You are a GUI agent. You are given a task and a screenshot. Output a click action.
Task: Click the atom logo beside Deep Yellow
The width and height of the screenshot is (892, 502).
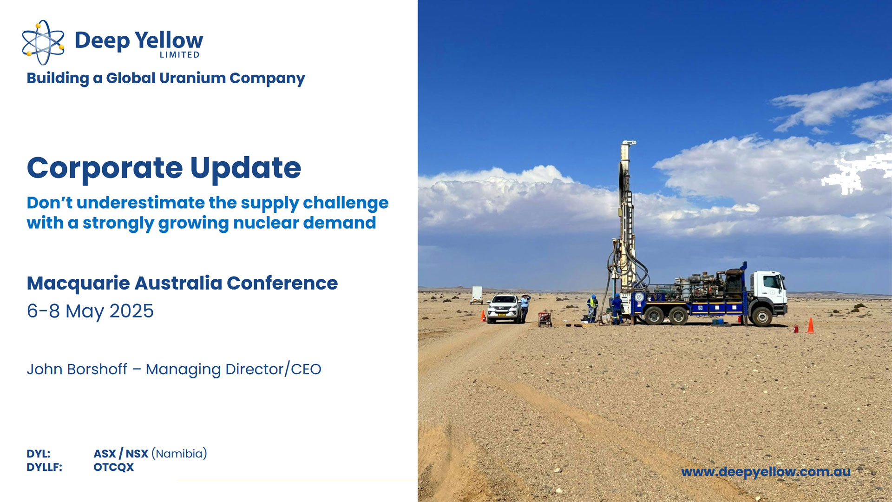pyautogui.click(x=43, y=42)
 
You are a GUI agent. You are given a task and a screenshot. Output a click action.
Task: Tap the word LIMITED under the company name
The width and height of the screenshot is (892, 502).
pyautogui.click(x=180, y=55)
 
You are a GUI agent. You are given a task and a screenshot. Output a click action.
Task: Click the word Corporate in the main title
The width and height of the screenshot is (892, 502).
pyautogui.click(x=105, y=168)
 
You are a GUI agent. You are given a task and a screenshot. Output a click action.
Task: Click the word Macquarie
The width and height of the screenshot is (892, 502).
pyautogui.click(x=78, y=284)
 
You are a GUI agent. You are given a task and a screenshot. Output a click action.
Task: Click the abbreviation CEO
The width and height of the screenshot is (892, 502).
pyautogui.click(x=306, y=369)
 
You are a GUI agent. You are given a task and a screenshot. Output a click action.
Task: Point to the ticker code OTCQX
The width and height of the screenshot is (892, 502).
pyautogui.click(x=114, y=467)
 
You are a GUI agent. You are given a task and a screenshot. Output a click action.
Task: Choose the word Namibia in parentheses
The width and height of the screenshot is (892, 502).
pyautogui.click(x=179, y=454)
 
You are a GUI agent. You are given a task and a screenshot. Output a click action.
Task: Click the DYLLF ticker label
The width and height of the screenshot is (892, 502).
pyautogui.click(x=45, y=467)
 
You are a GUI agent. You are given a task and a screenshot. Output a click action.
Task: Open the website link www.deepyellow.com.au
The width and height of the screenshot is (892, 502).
pyautogui.click(x=766, y=472)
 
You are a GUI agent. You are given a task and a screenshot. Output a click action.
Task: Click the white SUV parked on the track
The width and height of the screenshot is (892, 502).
pyautogui.click(x=504, y=308)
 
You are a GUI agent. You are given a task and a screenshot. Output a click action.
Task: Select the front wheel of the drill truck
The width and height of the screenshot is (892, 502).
pyautogui.click(x=761, y=317)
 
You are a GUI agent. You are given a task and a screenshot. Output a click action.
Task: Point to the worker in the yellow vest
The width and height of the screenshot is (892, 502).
pyautogui.click(x=592, y=308)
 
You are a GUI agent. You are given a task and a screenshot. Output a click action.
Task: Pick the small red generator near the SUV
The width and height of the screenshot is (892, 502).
pyautogui.click(x=544, y=319)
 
